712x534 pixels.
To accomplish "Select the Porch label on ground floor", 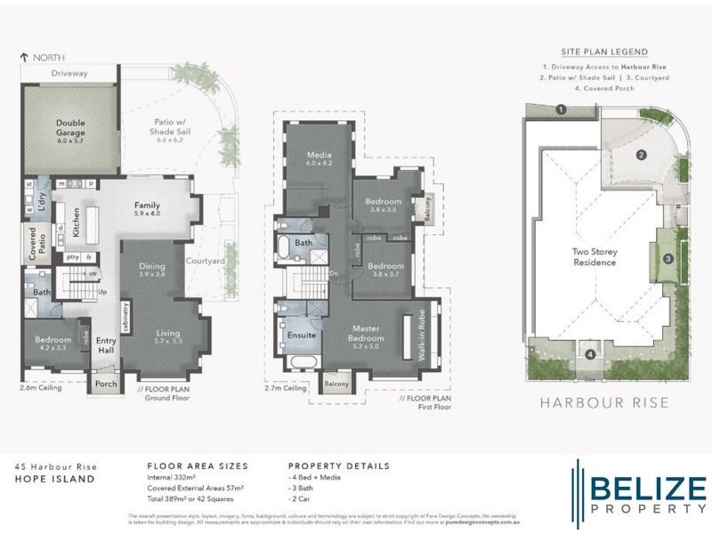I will [107, 385].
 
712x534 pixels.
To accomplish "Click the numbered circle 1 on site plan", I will [561, 110].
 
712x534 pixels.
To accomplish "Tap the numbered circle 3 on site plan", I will [667, 259].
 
